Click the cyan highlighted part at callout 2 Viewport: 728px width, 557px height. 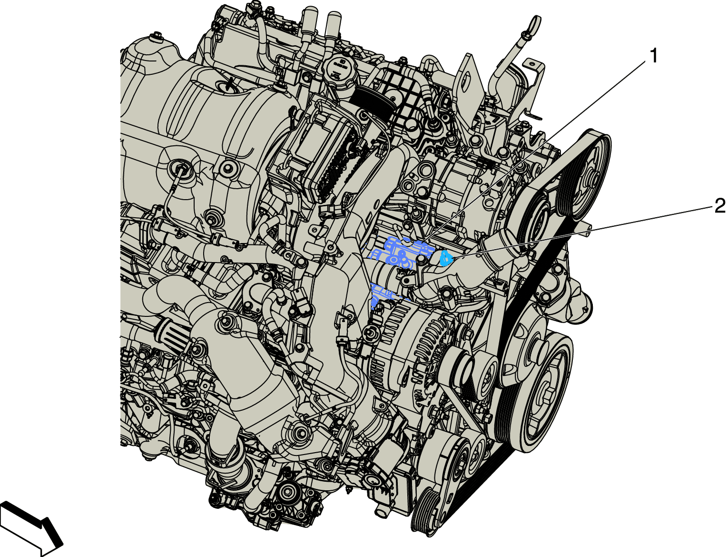click(x=446, y=258)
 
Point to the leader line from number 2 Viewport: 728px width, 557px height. click(x=582, y=233)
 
